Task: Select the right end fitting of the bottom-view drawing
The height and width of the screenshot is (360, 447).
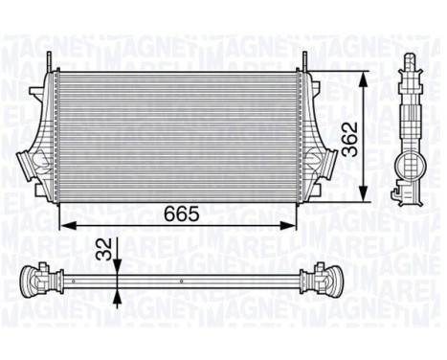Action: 318,282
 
